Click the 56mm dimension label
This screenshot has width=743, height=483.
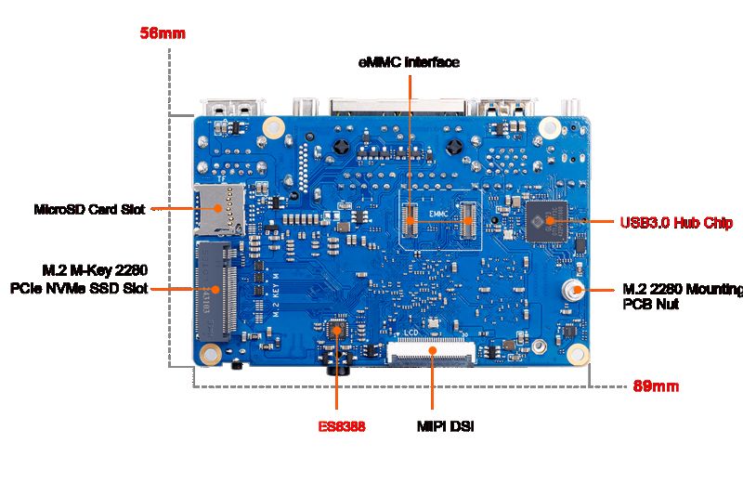[x=163, y=33]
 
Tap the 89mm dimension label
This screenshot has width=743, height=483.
[x=656, y=386]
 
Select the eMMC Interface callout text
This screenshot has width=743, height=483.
[x=409, y=62]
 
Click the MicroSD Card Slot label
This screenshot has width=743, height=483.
[x=89, y=209]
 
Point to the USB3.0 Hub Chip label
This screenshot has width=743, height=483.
[x=677, y=222]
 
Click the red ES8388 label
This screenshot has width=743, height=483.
[x=342, y=426]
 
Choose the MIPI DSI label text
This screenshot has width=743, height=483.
[x=446, y=426]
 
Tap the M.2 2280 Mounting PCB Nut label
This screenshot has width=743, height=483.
[x=683, y=295]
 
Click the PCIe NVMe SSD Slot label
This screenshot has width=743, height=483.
[x=79, y=288]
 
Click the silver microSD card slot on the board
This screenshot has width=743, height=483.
[x=219, y=209]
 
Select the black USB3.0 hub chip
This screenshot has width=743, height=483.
[x=546, y=221]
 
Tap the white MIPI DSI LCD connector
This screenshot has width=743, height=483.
[x=431, y=352]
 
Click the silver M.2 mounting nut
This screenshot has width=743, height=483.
[x=572, y=289]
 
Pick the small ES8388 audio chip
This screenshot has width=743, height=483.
[x=336, y=330]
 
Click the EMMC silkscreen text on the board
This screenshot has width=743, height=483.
[x=438, y=214]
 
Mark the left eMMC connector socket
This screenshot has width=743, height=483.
[x=411, y=220]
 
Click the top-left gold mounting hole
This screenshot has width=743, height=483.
[x=273, y=127]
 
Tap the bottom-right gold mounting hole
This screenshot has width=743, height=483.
[x=578, y=355]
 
